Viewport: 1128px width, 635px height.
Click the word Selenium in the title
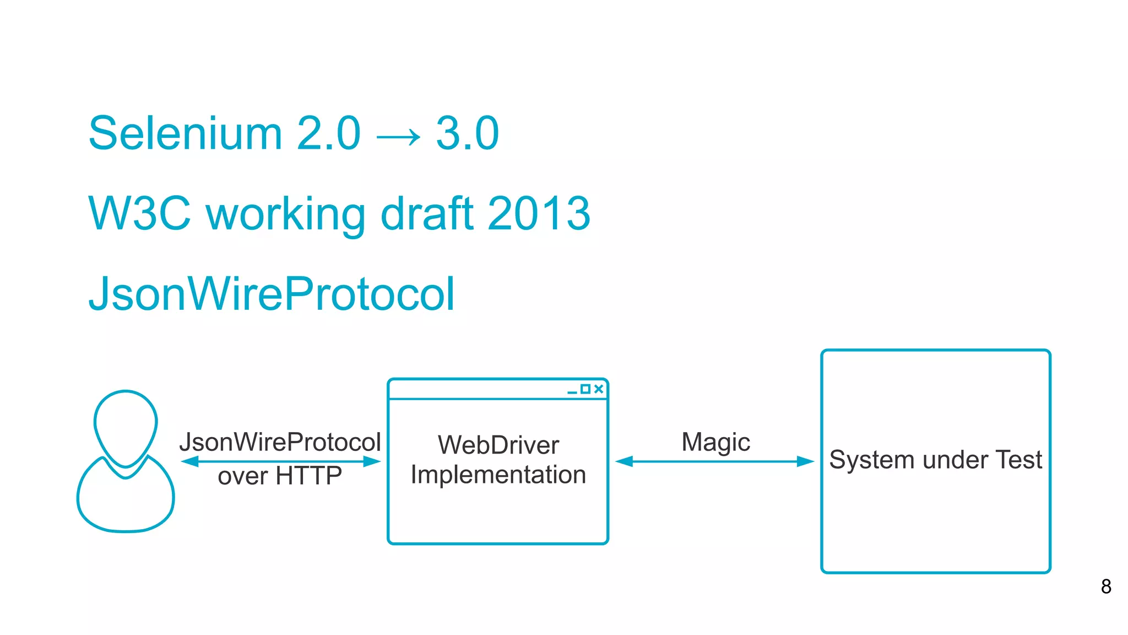coord(185,133)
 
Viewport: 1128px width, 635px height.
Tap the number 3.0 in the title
coord(467,133)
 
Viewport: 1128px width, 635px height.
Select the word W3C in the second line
coord(139,213)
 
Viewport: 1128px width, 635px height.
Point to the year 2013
coord(539,213)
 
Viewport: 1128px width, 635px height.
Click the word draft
coord(427,213)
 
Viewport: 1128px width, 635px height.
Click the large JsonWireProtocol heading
coord(272,294)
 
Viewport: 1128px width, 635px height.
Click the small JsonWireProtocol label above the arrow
coord(280,442)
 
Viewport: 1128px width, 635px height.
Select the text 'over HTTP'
coord(280,476)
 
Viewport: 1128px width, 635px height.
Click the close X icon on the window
coord(599,389)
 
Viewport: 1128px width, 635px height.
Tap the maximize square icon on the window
coord(585,389)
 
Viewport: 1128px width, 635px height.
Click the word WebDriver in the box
coord(498,445)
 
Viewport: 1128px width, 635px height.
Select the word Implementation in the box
coord(498,475)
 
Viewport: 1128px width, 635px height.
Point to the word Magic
coord(715,442)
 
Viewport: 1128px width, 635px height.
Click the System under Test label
coord(935,460)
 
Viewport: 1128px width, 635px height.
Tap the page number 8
coord(1106,586)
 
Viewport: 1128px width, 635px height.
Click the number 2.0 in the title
coord(328,133)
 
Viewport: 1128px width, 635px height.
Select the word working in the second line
coord(285,213)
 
